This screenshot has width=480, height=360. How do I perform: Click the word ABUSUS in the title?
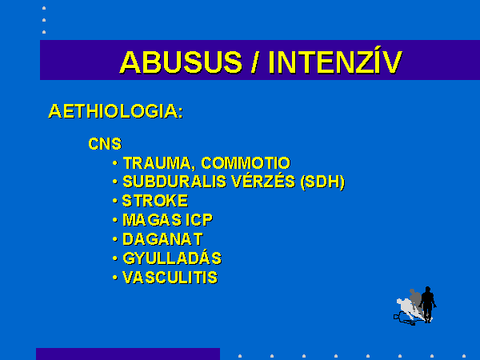(181, 62)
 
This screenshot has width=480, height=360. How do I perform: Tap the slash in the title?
(254, 62)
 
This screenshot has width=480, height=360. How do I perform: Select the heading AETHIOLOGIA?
(116, 111)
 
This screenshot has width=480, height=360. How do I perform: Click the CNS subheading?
(105, 144)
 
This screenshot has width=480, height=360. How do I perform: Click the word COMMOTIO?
(246, 163)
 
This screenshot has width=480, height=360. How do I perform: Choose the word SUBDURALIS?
(174, 182)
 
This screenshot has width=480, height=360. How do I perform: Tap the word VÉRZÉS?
(263, 182)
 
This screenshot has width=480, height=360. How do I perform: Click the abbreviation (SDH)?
(322, 182)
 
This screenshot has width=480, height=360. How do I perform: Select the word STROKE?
(155, 201)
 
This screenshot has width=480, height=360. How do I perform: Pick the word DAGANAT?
(162, 239)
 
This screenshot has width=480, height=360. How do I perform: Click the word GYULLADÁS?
(172, 258)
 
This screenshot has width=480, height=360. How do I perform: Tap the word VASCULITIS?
(170, 278)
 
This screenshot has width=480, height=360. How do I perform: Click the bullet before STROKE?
(115, 201)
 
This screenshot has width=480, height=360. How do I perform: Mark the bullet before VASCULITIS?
(115, 278)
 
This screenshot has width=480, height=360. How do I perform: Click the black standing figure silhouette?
(428, 304)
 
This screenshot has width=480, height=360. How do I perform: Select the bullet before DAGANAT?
(115, 239)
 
